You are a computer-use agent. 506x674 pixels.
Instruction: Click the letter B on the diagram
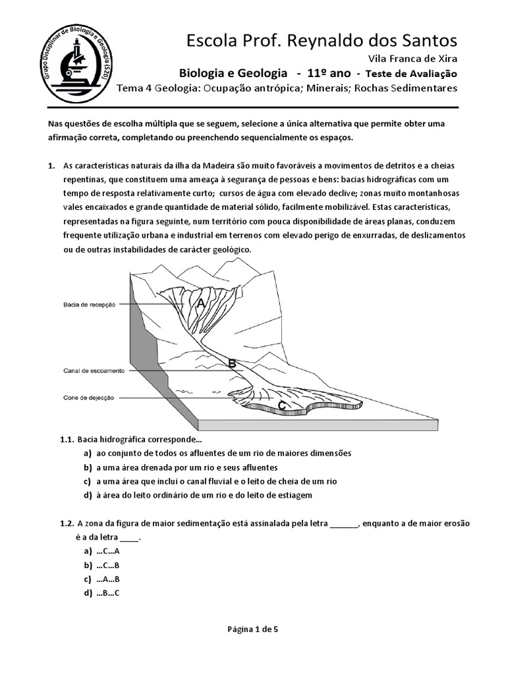(231, 363)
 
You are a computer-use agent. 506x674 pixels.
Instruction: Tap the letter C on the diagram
(282, 405)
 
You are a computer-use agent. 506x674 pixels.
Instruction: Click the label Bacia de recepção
(90, 304)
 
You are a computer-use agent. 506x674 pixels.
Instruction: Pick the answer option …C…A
(107, 552)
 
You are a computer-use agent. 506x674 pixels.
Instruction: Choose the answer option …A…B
(107, 579)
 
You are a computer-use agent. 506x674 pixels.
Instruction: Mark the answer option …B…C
(107, 593)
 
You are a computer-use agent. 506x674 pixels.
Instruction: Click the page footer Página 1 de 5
(252, 629)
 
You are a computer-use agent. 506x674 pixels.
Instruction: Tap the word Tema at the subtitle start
(130, 89)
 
